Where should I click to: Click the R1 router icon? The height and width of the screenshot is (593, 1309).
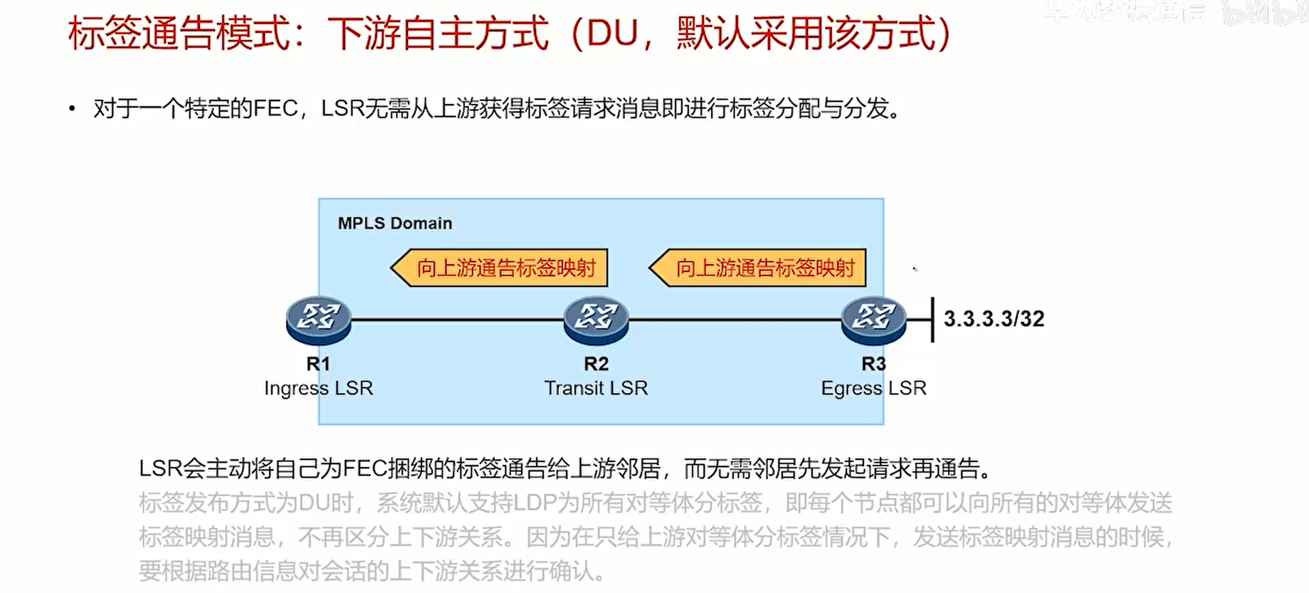pos(318,318)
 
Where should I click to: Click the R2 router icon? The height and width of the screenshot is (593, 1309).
pos(596,318)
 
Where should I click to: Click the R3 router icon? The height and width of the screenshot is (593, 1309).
pos(873,318)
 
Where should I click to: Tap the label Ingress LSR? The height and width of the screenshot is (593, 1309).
pos(318,388)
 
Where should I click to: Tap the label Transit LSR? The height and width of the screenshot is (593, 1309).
pos(596,388)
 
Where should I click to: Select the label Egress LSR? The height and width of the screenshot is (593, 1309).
pos(873,388)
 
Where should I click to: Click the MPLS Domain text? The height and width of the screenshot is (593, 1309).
pos(395,224)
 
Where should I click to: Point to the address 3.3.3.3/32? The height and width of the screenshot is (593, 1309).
pos(994,318)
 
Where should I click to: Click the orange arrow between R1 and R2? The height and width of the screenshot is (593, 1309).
pos(500,268)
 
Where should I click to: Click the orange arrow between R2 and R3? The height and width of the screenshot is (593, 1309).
pos(758,268)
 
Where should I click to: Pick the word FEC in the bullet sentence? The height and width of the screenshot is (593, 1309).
pos(275,109)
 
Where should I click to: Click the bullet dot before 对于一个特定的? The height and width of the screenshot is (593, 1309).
pos(72,109)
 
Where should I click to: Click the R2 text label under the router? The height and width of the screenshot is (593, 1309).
pos(596,364)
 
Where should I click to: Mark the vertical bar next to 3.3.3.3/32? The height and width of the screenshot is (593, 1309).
pos(932,320)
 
